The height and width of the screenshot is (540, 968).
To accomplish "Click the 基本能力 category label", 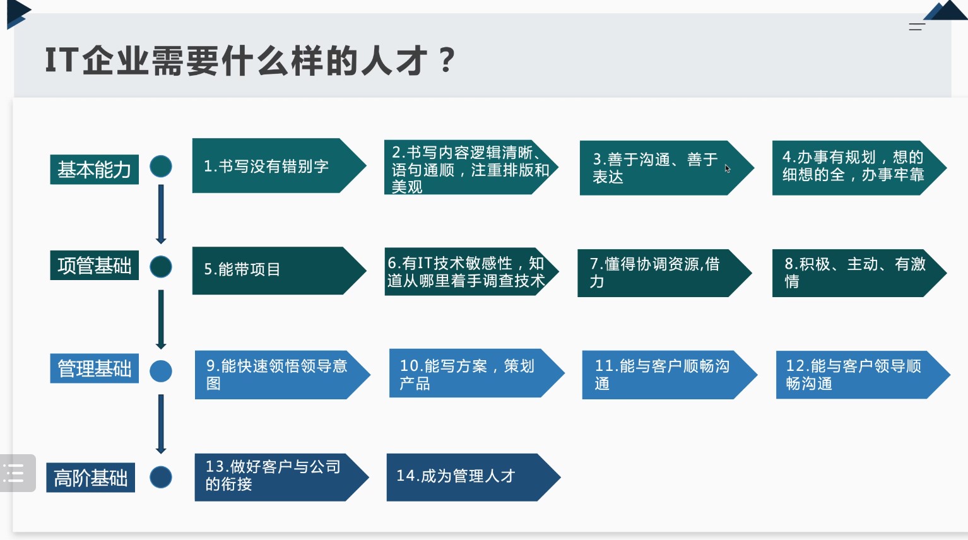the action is tap(94, 169).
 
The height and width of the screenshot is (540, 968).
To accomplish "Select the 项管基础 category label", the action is tap(94, 265).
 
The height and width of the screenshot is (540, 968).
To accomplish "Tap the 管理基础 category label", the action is tap(94, 368).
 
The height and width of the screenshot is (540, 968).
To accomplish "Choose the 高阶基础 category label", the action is tap(91, 478).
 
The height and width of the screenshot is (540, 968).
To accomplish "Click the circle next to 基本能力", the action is tap(161, 167).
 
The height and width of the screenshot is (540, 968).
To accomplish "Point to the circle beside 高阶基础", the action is tap(161, 477).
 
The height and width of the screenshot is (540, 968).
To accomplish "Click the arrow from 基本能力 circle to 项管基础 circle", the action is tap(161, 214).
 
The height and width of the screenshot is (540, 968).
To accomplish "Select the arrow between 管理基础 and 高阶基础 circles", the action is tap(161, 424).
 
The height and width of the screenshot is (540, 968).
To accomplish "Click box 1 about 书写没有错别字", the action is tap(279, 165).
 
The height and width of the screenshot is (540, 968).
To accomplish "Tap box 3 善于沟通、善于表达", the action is tap(667, 168).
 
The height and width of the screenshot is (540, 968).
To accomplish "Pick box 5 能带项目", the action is tap(279, 271).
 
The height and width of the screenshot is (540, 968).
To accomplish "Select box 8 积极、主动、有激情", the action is tap(859, 273).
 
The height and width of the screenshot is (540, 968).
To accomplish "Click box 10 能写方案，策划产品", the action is tap(477, 373).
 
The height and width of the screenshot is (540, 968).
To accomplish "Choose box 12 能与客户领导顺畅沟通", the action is tap(863, 375).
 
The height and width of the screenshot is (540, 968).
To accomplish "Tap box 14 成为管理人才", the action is tap(474, 478).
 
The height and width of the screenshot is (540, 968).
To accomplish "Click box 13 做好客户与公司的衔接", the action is tap(282, 478).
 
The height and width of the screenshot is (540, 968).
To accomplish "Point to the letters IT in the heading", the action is tap(62, 60).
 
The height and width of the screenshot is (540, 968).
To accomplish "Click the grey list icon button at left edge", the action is tap(17, 473).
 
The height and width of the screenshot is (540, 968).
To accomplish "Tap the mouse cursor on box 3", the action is tap(728, 168).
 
